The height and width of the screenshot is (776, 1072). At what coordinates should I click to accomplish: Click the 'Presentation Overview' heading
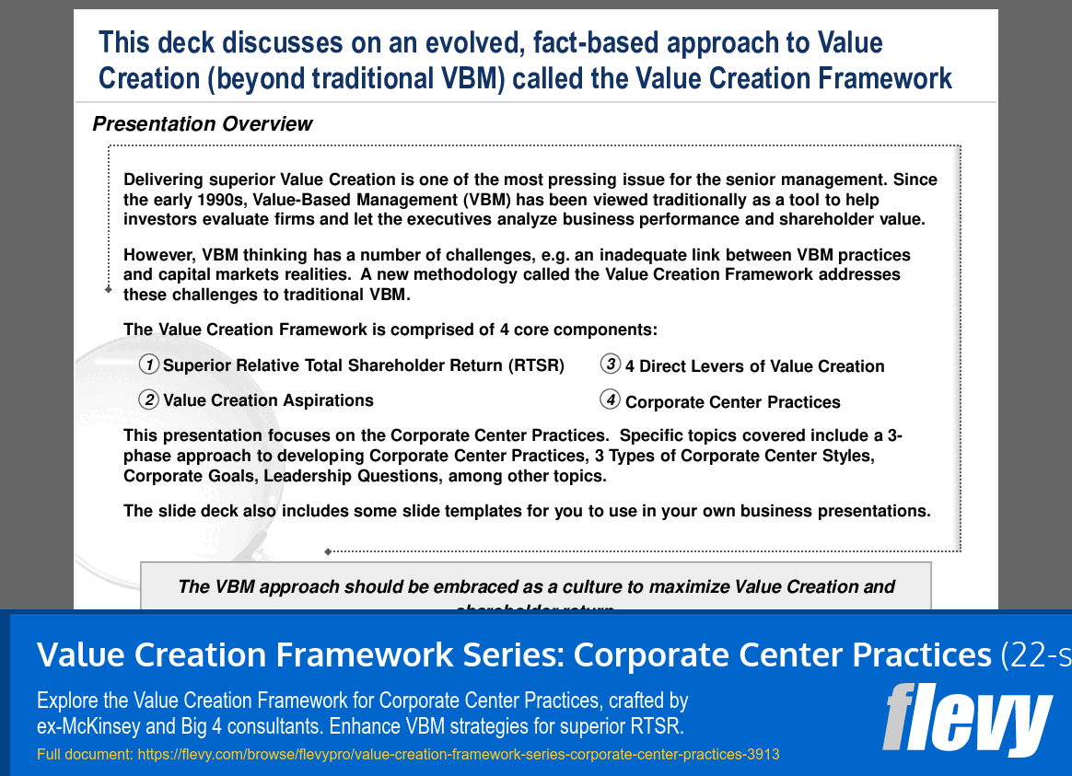pyautogui.click(x=203, y=124)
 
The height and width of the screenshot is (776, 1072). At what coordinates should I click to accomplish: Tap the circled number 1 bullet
pyautogui.click(x=149, y=365)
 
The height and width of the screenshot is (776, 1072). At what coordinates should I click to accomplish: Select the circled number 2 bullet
pyautogui.click(x=149, y=400)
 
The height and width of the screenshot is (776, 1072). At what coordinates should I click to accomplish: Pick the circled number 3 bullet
pyautogui.click(x=611, y=365)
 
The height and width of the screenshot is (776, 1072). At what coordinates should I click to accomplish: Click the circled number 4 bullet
pyautogui.click(x=611, y=400)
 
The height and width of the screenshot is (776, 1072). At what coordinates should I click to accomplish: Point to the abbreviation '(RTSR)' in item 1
pyautogui.click(x=535, y=365)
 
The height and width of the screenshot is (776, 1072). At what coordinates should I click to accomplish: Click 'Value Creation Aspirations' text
pyautogui.click(x=268, y=400)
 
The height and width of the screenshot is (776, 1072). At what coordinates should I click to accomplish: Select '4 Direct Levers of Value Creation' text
pyautogui.click(x=754, y=366)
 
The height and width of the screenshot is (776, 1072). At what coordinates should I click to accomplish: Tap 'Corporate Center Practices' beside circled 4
pyautogui.click(x=732, y=402)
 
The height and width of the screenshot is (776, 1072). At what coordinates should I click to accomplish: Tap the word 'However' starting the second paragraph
pyautogui.click(x=159, y=255)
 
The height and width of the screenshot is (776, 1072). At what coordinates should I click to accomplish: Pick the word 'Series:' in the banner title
pyautogui.click(x=512, y=654)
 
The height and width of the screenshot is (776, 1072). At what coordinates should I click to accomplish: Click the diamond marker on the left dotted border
pyautogui.click(x=108, y=289)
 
